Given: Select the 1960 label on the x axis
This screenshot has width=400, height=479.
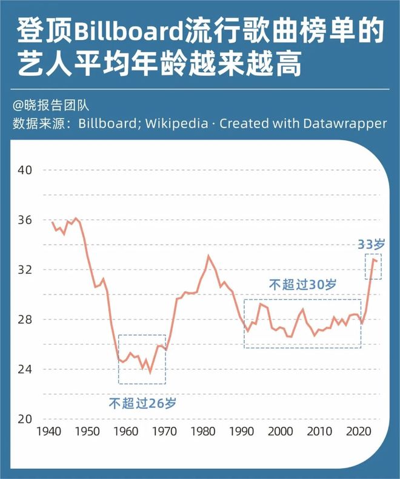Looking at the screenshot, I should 125,432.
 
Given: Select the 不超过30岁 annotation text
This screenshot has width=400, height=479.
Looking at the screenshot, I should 302,284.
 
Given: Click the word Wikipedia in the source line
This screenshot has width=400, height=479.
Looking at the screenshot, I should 181,123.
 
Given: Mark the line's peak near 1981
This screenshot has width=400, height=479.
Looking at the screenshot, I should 208,256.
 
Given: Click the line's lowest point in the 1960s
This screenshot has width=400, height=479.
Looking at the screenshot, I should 150,372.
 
